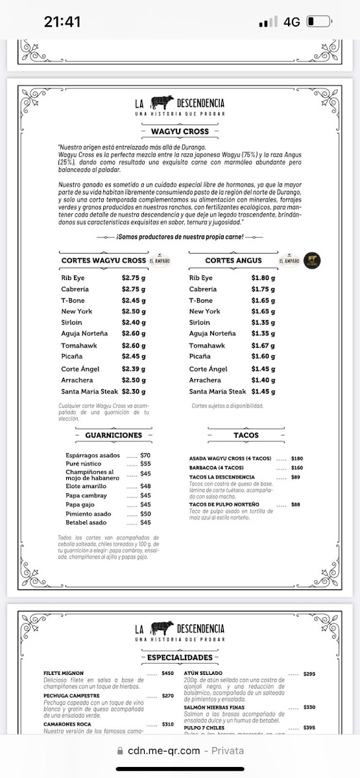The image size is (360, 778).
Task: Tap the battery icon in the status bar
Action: coord(318,21)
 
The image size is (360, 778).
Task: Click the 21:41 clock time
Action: coord(62,21)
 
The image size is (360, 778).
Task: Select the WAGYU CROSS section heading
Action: coord(180,132)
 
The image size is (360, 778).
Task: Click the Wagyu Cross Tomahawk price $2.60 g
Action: coord(134,345)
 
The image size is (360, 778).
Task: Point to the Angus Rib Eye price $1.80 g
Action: coord(263,277)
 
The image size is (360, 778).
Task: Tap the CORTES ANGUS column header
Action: coord(234,261)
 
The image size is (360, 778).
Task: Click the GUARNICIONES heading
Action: coord(113,435)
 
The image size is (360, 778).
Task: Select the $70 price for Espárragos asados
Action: coord(145,455)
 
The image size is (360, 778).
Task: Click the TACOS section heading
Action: coord(246,435)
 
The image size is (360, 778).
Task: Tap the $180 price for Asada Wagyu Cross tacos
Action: coord(297,458)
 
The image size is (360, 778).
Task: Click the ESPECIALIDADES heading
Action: coord(180,658)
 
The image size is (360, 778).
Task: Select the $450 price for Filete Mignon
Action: coord(168,673)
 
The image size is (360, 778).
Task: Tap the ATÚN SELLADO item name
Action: coord(207,673)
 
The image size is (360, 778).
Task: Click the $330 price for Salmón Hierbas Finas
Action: coord(309,707)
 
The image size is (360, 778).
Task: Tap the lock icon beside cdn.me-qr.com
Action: coord(120,750)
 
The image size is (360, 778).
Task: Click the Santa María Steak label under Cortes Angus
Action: coord(217,392)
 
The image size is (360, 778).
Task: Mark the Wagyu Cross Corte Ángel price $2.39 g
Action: coord(134,369)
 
